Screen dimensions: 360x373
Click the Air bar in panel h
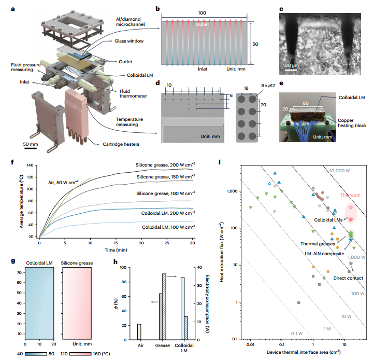tap(139, 331)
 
